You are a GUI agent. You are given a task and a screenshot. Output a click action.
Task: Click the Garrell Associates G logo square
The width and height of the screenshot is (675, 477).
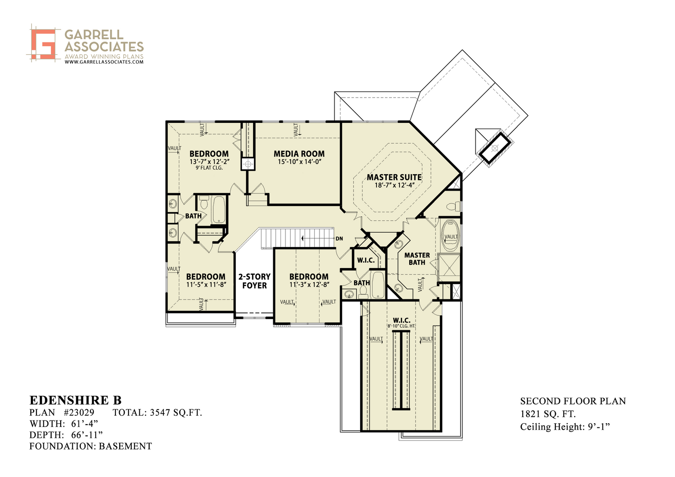pyautogui.click(x=44, y=43)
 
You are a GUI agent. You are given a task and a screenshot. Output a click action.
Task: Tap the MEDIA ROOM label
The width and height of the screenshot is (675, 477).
pyautogui.click(x=299, y=154)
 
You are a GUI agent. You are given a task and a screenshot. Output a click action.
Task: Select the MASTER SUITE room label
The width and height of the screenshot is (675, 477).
pyautogui.click(x=394, y=177)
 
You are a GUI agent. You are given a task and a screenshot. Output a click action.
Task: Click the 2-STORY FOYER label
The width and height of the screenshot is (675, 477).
pyautogui.click(x=254, y=281)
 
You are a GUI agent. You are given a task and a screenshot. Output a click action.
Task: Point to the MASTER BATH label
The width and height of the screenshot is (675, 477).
pyautogui.click(x=417, y=258)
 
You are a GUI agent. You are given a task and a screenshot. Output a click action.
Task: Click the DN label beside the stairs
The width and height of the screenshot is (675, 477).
pyautogui.click(x=339, y=239)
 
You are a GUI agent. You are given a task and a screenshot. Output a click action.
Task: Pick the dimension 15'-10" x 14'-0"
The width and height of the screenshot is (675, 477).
pyautogui.click(x=299, y=162)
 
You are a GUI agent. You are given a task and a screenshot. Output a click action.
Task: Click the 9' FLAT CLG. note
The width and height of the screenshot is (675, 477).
pyautogui.click(x=209, y=168)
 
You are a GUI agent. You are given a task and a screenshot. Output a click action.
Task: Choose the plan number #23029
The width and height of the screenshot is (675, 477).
pyautogui.click(x=79, y=412)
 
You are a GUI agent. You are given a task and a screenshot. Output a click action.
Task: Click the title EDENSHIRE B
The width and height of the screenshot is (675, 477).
pyautogui.click(x=75, y=400)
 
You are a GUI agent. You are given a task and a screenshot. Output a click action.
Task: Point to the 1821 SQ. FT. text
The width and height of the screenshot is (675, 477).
pyautogui.click(x=548, y=414)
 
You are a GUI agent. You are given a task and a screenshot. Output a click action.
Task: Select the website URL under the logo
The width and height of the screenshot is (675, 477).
pyautogui.click(x=104, y=62)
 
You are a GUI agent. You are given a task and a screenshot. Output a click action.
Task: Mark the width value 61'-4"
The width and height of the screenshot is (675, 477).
pyautogui.click(x=85, y=423)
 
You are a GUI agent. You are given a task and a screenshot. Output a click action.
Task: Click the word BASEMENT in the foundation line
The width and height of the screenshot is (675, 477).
pyautogui.click(x=125, y=446)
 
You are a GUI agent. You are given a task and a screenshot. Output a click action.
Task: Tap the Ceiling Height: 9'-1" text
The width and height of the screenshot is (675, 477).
pyautogui.click(x=565, y=427)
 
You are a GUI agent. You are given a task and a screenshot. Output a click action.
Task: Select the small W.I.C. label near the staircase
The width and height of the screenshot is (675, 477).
pyautogui.click(x=366, y=260)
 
